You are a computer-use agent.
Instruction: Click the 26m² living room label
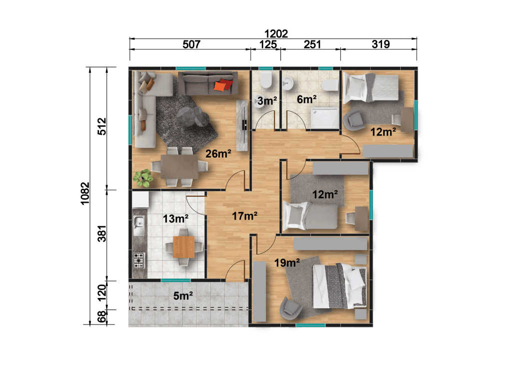pos(218,154)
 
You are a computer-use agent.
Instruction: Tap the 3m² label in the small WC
pos(267,101)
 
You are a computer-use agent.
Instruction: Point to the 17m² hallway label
pos(245,216)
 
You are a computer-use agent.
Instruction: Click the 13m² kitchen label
pos(175,218)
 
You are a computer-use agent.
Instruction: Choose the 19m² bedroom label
pos(287,262)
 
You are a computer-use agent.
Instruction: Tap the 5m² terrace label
pos(183,296)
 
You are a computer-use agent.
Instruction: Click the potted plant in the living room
pos(143,177)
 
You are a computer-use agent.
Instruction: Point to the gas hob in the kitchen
pos(139,260)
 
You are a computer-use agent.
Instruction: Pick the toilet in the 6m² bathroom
pos(330,85)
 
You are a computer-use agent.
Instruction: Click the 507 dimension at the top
pos(191,44)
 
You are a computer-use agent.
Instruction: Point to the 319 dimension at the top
pos(380,44)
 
